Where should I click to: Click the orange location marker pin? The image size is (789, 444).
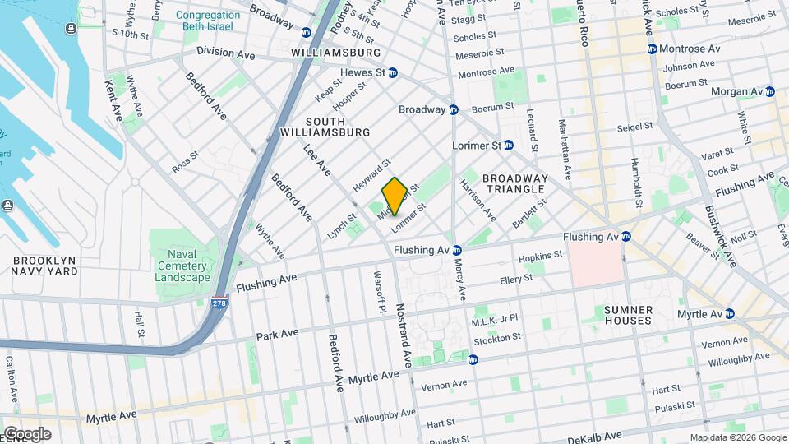tap(394, 196)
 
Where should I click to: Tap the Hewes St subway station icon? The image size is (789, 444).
tap(393, 72)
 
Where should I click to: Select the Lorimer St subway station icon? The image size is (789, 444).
tap(508, 145)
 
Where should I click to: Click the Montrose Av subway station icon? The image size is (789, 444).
tap(653, 49)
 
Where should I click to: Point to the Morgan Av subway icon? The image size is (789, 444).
tap(769, 91)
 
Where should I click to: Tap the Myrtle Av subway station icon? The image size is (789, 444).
tap(729, 313)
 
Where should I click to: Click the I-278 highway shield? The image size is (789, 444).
tap(219, 303)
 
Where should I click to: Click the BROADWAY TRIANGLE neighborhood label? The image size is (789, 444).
tap(514, 183)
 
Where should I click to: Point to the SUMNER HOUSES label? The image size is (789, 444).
tap(628, 315)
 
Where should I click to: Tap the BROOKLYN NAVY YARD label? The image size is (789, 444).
tap(44, 265)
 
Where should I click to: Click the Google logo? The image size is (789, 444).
tap(27, 434)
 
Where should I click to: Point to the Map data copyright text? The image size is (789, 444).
tap(737, 437)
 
